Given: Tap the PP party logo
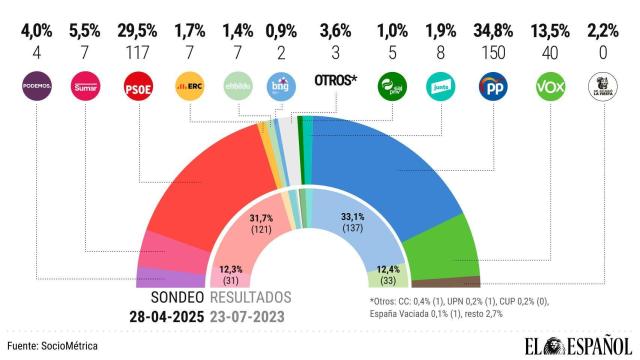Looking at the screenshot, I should pyautogui.click(x=492, y=86).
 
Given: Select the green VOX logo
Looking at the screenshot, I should pyautogui.click(x=548, y=86).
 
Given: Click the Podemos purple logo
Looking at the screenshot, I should pyautogui.click(x=35, y=86).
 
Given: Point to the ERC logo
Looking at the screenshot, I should pyautogui.click(x=190, y=86).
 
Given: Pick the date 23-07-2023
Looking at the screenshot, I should pyautogui.click(x=252, y=316).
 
